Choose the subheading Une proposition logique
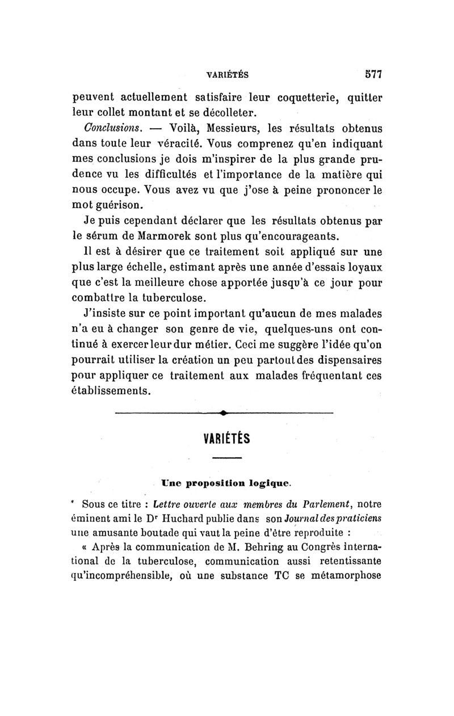pos(227,482)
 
